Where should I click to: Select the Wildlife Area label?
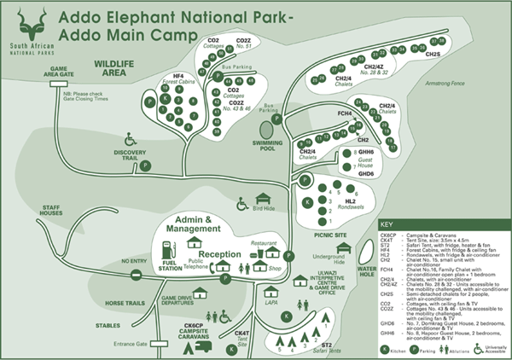116,68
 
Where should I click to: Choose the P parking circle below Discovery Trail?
145,165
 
